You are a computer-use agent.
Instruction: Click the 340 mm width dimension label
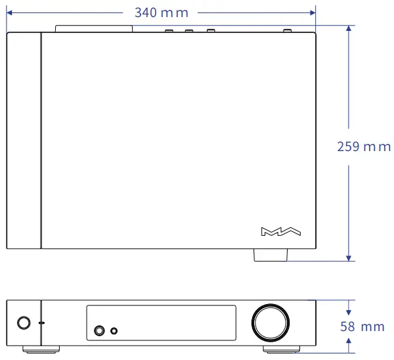pyautogui.click(x=160, y=12)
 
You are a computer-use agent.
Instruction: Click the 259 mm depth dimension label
pyautogui.click(x=363, y=146)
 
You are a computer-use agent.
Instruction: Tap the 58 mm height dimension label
pyautogui.click(x=362, y=326)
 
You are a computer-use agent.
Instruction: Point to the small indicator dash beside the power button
pyautogui.click(x=42, y=323)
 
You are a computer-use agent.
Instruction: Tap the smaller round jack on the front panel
pyautogui.click(x=116, y=330)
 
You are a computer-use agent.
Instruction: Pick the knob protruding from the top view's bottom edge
pyautogui.click(x=269, y=255)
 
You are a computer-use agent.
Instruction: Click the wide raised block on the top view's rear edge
pyautogui.click(x=94, y=29)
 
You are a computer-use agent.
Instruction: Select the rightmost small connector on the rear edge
pyautogui.click(x=287, y=30)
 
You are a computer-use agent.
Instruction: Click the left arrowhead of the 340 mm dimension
pyautogui.click(x=10, y=12)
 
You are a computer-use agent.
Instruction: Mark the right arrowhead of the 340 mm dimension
pyautogui.click(x=312, y=12)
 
